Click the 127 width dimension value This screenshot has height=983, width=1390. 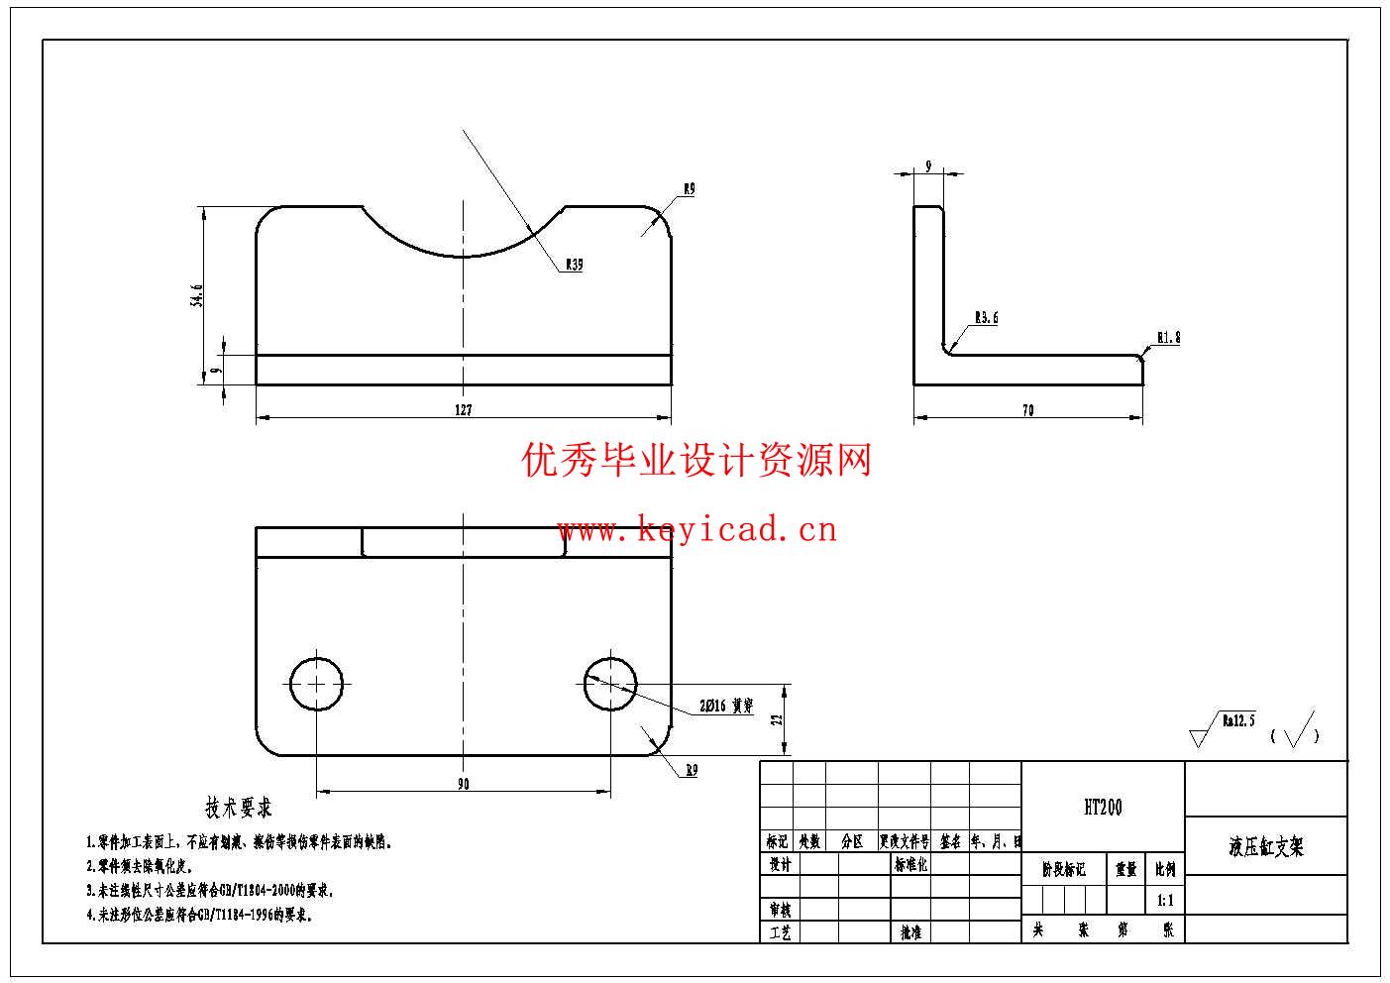coord(464,410)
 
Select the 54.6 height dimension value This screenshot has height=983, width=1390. coord(197,295)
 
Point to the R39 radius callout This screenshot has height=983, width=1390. coord(574,266)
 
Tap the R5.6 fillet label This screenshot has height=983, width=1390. coord(986,318)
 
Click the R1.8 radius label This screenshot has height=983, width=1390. coord(1168,338)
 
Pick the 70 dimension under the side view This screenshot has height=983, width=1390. coord(1027,410)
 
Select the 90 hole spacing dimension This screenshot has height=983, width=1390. coord(464,785)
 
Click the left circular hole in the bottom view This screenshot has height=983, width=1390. coord(317,684)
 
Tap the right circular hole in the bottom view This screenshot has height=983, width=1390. coord(610,684)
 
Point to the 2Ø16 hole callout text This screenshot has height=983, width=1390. coord(726,707)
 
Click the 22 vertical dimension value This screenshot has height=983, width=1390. coord(778,719)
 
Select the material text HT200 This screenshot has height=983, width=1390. coord(1103,808)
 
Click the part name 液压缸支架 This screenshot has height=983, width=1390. coord(1266,846)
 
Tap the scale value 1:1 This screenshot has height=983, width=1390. coord(1166,902)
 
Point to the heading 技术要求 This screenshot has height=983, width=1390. coord(238,808)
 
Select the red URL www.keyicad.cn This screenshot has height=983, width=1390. coord(696,530)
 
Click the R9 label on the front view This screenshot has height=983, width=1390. coord(689,188)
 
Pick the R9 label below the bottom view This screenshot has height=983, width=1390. coord(691,771)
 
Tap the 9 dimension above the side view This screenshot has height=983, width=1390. coord(928,167)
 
